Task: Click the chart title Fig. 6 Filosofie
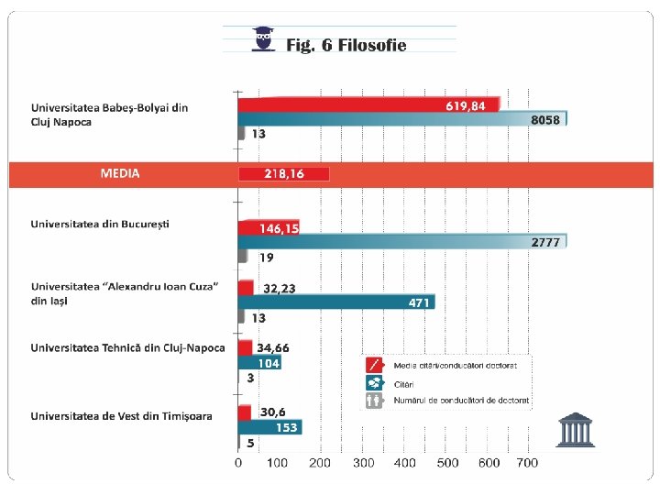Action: pos(346,45)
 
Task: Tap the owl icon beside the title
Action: pos(263,39)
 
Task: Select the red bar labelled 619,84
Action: pos(369,104)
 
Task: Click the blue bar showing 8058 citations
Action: pos(402,118)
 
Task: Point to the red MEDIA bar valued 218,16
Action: pos(283,174)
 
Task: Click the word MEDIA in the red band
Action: pos(120,173)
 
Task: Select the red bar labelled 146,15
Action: pos(269,227)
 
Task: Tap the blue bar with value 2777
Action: pos(402,242)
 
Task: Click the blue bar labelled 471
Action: pos(336,302)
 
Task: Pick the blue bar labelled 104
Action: pos(259,363)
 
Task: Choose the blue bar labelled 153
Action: pos(269,427)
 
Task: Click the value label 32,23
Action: pos(280,289)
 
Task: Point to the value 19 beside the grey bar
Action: pos(267,258)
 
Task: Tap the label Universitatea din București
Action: pos(100,225)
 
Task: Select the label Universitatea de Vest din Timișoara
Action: pos(121,416)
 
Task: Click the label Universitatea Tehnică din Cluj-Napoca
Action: pos(127,348)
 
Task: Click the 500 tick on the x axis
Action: pos(447,463)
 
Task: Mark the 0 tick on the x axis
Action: pos(238,463)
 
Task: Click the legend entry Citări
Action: pos(403,384)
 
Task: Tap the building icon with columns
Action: pos(575,429)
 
